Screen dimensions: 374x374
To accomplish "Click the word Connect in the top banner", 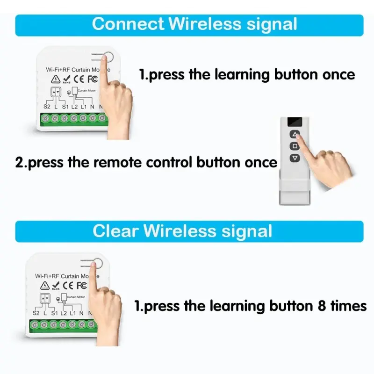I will (x=128, y=24).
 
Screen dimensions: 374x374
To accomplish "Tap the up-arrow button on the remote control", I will (x=294, y=135).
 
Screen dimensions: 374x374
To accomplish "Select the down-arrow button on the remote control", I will (x=294, y=158).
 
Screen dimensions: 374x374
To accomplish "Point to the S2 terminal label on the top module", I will (x=47, y=107).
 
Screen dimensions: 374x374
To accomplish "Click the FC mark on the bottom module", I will (x=81, y=285).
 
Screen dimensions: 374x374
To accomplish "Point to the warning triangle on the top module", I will (x=56, y=79).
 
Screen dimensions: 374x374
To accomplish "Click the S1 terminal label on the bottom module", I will (x=54, y=313).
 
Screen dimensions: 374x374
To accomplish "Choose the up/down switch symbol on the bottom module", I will (x=44, y=297).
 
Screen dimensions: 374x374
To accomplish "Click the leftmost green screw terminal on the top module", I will (x=46, y=119).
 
